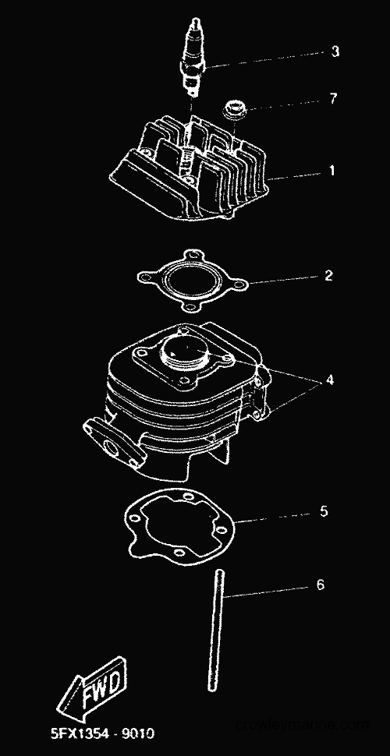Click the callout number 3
(335, 51)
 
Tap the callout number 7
(333, 98)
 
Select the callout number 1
(331, 170)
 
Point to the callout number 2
(328, 276)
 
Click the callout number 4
(330, 380)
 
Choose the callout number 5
(324, 510)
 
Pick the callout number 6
(321, 585)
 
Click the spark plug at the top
(193, 58)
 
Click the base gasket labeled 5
(179, 529)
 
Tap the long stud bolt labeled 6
(216, 631)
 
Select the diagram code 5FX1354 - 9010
(103, 733)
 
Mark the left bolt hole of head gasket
(144, 277)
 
